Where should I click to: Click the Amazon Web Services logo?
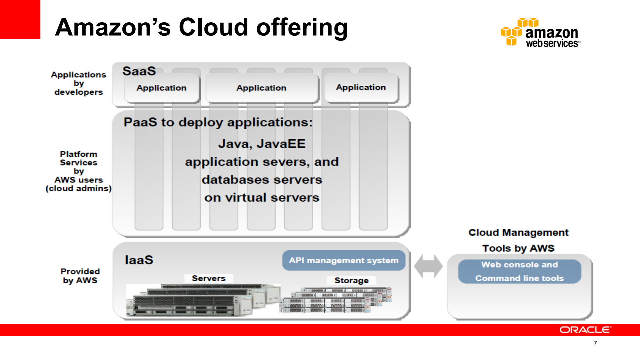coord(541,33)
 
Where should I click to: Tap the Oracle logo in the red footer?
coord(585,330)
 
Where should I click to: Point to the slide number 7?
coord(595,343)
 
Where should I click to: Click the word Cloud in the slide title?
coord(213,27)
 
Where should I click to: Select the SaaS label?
coord(139,71)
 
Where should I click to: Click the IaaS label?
coord(139,260)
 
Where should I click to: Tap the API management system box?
coord(344,260)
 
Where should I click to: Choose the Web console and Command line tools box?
coord(519,271)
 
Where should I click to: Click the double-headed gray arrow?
coord(428,266)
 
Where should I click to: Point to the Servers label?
coord(208,278)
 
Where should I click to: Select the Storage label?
coord(351,280)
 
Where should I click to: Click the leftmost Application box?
coord(161,88)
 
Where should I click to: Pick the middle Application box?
coord(261,88)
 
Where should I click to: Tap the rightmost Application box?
coord(361,87)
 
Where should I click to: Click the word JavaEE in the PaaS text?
coord(281,144)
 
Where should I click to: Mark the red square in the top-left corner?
coord(20,19)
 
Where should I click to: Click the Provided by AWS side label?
coord(80,276)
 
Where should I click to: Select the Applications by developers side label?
coord(79,83)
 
